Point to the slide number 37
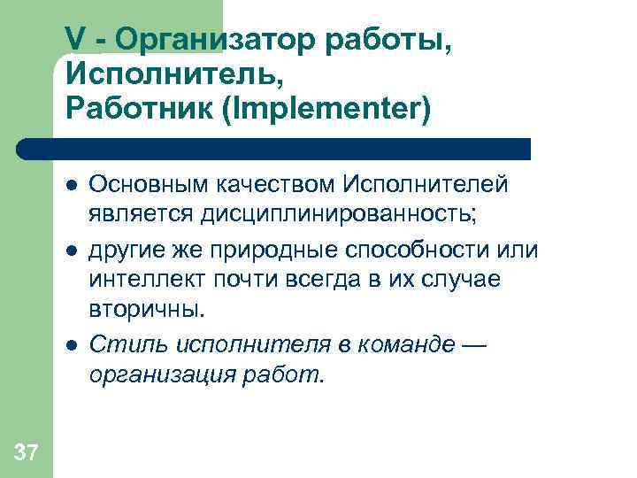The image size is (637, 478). [x=27, y=454]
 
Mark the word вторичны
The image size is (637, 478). [x=146, y=311]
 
